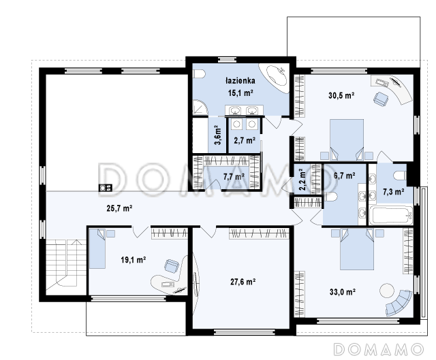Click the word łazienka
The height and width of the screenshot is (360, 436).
[x=240, y=81]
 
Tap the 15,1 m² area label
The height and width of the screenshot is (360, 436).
[x=240, y=93]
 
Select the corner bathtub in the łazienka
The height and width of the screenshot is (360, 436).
[x=276, y=76]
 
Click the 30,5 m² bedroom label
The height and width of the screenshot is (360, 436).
[x=341, y=95]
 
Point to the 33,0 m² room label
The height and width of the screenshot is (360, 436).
[x=343, y=292]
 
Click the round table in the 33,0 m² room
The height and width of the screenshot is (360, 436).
[x=387, y=291]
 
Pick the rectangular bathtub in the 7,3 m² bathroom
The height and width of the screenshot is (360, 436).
[x=391, y=215]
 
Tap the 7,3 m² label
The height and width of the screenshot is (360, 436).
[x=394, y=192]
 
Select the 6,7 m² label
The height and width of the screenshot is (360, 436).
[x=344, y=176]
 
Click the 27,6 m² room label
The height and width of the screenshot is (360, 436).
[x=243, y=282]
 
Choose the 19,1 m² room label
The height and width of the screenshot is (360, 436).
[x=134, y=260]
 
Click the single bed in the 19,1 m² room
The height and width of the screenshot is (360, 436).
[x=97, y=248]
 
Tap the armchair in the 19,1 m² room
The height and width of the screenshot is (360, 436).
[x=171, y=265]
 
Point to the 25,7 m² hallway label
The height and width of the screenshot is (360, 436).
[x=119, y=208]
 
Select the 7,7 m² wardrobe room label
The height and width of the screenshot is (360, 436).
[x=234, y=176]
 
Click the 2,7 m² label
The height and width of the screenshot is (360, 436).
[x=245, y=141]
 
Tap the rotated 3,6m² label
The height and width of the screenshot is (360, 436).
[x=218, y=135]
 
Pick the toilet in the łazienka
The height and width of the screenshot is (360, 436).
[x=199, y=74]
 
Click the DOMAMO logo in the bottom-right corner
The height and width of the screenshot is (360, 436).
[x=379, y=349]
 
